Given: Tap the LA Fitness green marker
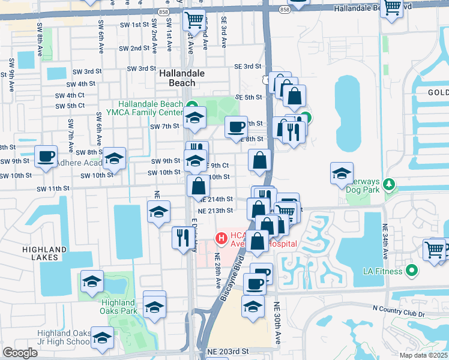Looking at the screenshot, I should point(411,271).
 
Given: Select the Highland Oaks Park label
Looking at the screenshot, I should point(119,306).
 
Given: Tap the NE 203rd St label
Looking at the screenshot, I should point(228,351).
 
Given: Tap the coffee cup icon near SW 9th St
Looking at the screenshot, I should point(46,157).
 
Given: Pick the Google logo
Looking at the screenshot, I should point(20,353).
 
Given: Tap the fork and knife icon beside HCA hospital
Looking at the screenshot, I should point(181,238).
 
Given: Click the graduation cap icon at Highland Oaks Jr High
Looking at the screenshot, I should point(102,338).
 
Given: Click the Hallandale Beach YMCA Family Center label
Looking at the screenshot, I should point(151,108).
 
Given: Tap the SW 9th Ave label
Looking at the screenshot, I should point(11,75).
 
